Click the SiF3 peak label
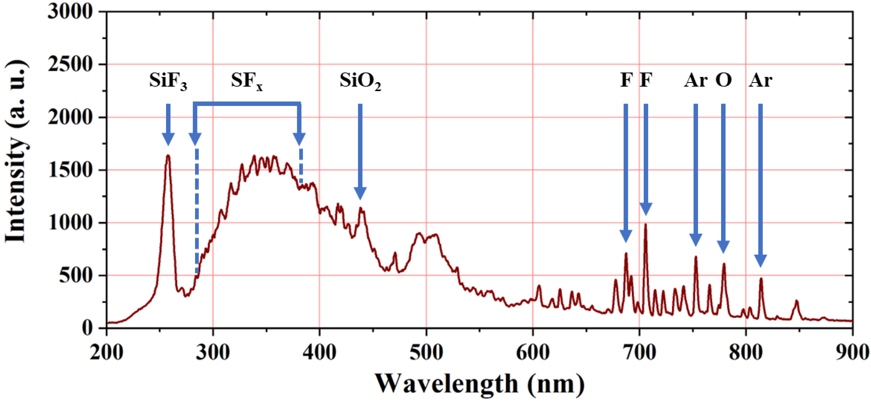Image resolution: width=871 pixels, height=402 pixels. click(x=168, y=81)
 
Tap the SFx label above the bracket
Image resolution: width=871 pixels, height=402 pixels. click(x=246, y=81)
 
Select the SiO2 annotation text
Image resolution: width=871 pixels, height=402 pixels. click(x=360, y=81)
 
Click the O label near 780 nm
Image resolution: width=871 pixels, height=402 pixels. click(x=723, y=81)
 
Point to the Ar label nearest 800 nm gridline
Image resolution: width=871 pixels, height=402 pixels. click(x=760, y=81)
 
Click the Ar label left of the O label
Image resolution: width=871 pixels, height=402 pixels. click(x=696, y=81)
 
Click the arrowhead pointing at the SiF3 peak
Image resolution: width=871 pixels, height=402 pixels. click(x=168, y=139)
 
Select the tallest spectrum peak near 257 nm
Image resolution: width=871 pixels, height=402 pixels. click(x=168, y=156)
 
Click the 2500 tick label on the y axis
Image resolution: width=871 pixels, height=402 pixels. click(x=70, y=64)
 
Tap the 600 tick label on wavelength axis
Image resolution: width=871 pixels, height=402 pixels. click(x=532, y=353)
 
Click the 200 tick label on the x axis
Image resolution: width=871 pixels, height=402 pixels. click(x=106, y=353)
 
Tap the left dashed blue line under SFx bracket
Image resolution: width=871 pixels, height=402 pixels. click(x=197, y=209)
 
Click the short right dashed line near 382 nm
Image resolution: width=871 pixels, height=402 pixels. click(x=301, y=166)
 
